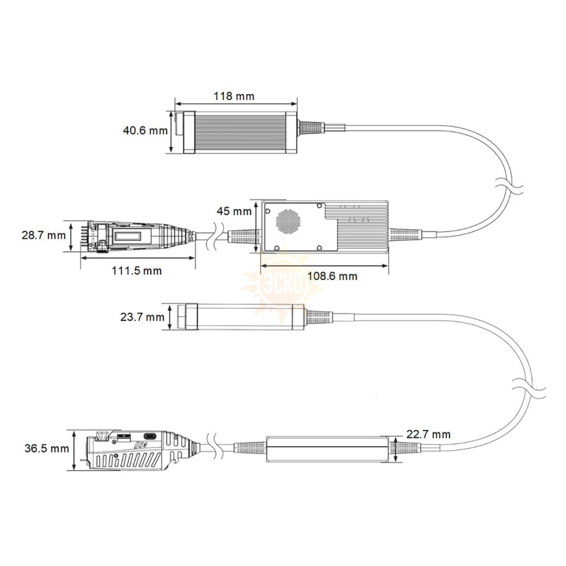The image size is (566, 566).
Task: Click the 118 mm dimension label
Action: (234, 96)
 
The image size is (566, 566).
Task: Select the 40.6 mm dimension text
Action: (145, 130)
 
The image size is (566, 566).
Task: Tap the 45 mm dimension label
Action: (234, 211)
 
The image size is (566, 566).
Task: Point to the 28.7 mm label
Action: (44, 235)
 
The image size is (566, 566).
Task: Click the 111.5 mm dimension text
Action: (136, 271)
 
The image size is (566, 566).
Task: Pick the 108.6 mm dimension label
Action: (332, 276)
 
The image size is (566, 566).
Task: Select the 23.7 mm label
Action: (142, 317)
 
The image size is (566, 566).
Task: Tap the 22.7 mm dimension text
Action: (428, 434)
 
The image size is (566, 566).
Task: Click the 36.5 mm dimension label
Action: (46, 448)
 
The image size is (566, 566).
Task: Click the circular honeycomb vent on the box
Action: (289, 221)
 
